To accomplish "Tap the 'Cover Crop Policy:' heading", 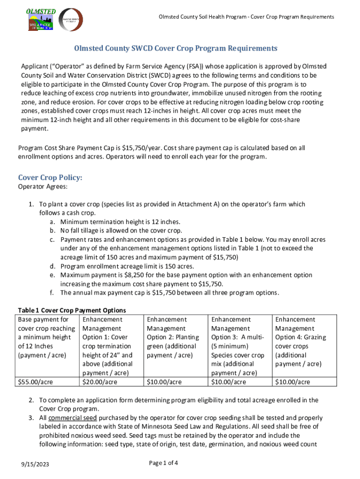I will tap(50, 178).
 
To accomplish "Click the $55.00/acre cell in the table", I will tap(36, 382).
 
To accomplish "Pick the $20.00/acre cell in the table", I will tap(100, 382).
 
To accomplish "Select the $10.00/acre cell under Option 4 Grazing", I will tap(293, 382).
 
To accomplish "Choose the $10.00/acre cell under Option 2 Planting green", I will tap(164, 382).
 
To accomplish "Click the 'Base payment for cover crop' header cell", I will tap(46, 341).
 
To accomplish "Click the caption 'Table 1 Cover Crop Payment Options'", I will tap(72, 310).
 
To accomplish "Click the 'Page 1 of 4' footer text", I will tap(163, 463).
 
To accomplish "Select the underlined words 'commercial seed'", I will tap(72, 418).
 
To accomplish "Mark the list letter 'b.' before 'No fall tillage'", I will tap(53, 231).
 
